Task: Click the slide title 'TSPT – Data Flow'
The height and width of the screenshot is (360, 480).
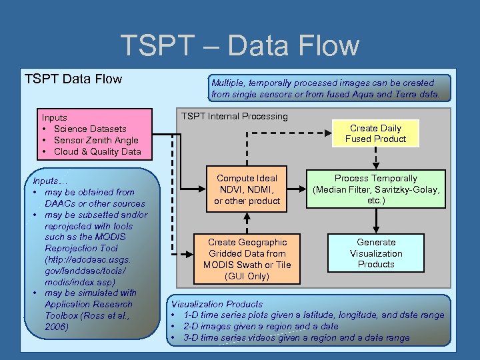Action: [239, 45]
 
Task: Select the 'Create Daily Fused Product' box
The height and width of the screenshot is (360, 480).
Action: [375, 133]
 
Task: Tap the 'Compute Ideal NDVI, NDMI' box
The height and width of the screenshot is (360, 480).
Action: [247, 189]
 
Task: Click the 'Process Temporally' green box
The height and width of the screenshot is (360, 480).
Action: [375, 189]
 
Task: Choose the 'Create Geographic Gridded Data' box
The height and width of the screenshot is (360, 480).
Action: [247, 259]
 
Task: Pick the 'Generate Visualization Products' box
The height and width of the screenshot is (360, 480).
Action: [375, 253]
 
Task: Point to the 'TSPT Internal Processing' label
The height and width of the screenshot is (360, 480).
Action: [234, 116]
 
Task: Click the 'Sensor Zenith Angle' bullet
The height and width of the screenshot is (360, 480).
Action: [96, 140]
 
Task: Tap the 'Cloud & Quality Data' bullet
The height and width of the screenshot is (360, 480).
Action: [97, 151]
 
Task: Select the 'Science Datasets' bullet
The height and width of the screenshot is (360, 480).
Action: [90, 129]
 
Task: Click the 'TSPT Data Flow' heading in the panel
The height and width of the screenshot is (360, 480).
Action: [73, 79]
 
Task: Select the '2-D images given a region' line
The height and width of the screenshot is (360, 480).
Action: [260, 327]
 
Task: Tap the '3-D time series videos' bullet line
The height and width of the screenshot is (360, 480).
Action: [296, 338]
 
